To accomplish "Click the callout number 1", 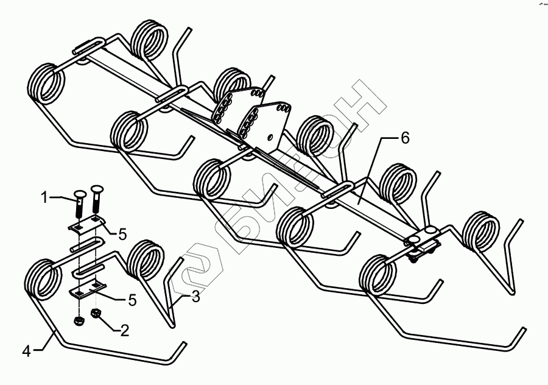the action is point(44,197).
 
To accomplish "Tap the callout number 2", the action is point(124,331).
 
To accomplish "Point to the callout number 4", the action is point(27,350).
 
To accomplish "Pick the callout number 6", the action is point(405,139).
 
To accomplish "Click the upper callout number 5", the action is point(122,233).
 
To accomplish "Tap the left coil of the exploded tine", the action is point(44,278).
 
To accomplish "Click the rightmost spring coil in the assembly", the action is point(481,230).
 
